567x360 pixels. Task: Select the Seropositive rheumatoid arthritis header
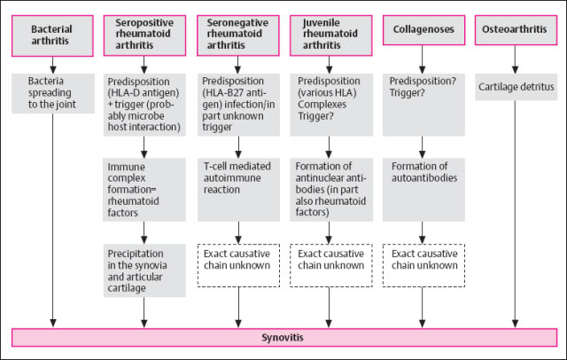click(x=145, y=32)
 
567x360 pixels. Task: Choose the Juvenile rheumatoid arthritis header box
click(x=329, y=32)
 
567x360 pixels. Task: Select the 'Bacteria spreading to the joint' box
click(x=52, y=94)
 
